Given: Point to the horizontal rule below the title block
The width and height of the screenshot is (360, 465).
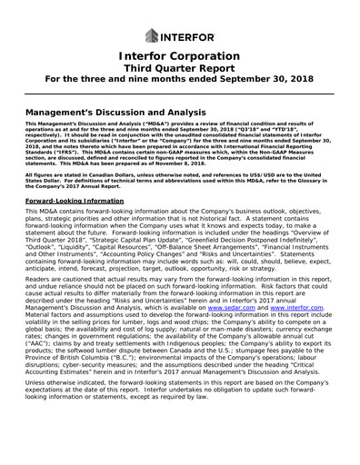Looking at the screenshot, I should pos(179,94).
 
